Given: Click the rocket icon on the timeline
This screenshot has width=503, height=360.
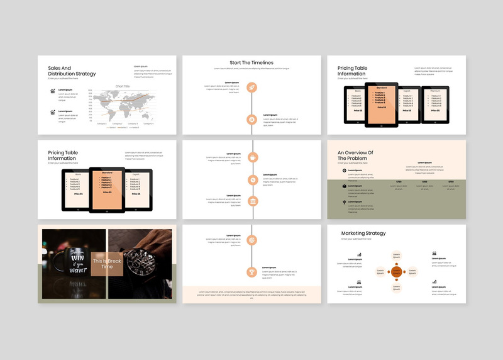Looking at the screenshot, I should tap(251, 87).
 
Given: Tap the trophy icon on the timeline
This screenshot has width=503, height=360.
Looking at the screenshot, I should tap(251, 272).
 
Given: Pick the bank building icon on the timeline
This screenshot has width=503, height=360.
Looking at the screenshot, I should tap(251, 201).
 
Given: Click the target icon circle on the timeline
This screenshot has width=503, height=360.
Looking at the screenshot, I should tap(251, 240).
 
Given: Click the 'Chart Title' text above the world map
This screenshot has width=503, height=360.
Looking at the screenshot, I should tap(122, 86).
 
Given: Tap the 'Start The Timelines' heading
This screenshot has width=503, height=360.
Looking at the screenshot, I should tap(251, 62).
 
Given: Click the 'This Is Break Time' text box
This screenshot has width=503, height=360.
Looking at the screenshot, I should tap(107, 264).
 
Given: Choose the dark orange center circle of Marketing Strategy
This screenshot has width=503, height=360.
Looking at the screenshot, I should tap(396, 271).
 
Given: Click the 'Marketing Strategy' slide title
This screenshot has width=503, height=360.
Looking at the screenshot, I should tap(363, 233).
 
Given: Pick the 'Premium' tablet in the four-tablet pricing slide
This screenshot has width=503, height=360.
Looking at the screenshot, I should tap(435, 104).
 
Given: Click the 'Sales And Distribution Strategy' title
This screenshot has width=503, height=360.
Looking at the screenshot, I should tap(72, 70).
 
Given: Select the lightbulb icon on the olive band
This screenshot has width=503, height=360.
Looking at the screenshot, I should tap(345, 202).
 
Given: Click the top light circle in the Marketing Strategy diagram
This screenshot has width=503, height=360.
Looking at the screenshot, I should tap(396, 256).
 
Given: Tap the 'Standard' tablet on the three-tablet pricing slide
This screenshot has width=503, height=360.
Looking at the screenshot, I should tap(107, 189).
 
